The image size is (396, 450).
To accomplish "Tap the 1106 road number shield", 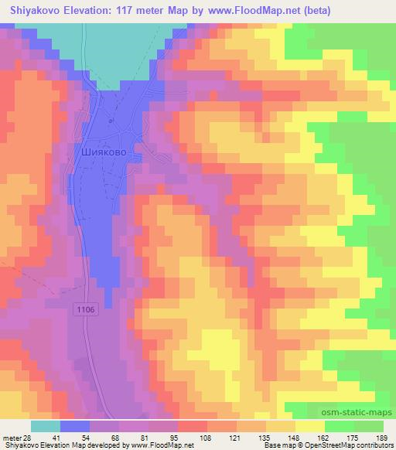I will [x=86, y=309].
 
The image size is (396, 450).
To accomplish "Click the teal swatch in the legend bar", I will [x=46, y=426].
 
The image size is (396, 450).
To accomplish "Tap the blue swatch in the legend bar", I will [x=75, y=426].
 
